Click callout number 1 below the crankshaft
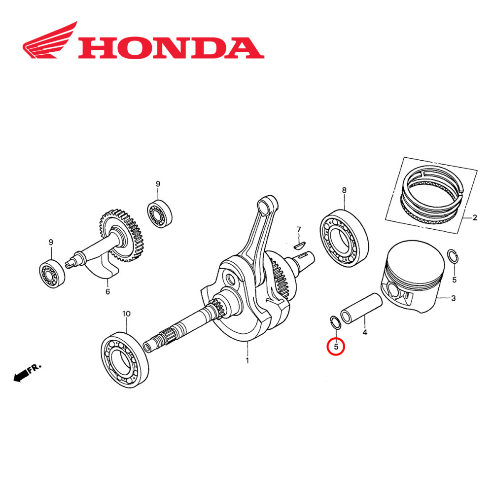pyautogui.click(x=247, y=360)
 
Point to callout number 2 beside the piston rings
pyautogui.click(x=475, y=217)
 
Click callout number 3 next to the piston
pyautogui.click(x=454, y=298)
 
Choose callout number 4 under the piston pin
pyautogui.click(x=365, y=333)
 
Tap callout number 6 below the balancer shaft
pyautogui.click(x=107, y=291)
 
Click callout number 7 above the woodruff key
pyautogui.click(x=298, y=229)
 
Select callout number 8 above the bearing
pyautogui.click(x=344, y=190)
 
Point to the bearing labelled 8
pyautogui.click(x=344, y=236)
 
